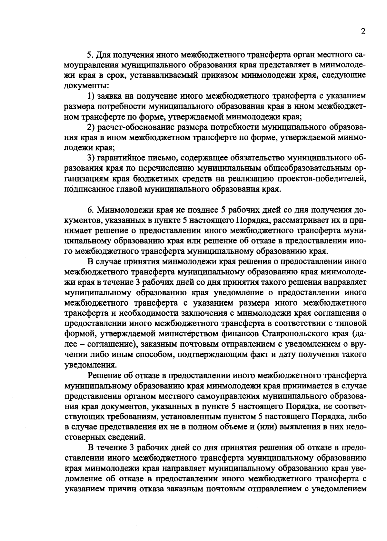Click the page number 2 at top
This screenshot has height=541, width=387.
[x=363, y=32]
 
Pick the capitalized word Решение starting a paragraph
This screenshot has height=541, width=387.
[x=104, y=376]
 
